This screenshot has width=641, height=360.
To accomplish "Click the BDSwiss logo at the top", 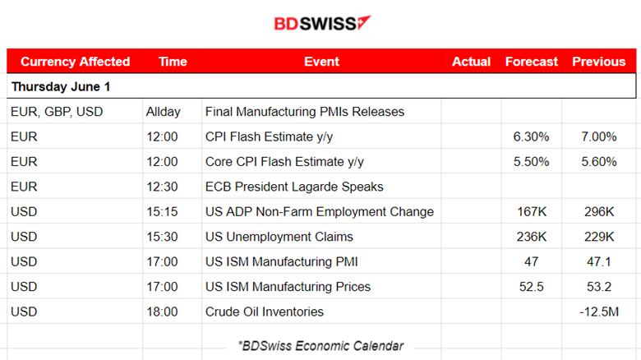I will click(x=321, y=23).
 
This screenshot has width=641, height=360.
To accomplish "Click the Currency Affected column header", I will click(x=75, y=62).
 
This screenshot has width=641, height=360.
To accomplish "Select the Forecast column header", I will click(x=531, y=62).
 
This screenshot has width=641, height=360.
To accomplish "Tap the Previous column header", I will click(x=598, y=62).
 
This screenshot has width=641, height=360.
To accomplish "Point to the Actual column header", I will click(x=471, y=62).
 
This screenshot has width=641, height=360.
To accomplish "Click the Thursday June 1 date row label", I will click(x=60, y=86).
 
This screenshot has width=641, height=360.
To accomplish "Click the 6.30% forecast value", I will click(x=530, y=136).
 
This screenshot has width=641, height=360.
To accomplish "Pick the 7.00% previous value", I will click(x=598, y=136).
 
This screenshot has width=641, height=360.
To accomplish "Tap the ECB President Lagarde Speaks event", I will click(x=294, y=187).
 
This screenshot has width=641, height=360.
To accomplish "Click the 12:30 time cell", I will click(x=162, y=187).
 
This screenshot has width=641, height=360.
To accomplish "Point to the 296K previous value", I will click(x=599, y=212).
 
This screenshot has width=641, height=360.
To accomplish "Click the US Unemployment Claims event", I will click(x=279, y=237).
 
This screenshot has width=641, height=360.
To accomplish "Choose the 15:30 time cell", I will click(x=162, y=237).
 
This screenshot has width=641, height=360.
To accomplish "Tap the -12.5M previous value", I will click(x=598, y=312).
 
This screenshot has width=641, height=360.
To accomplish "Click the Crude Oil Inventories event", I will click(x=264, y=312).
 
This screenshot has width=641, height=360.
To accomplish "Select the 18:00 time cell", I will click(x=162, y=312).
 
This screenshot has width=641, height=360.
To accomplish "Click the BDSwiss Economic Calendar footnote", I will click(x=320, y=346).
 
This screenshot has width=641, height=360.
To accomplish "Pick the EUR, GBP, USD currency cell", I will click(x=57, y=112).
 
